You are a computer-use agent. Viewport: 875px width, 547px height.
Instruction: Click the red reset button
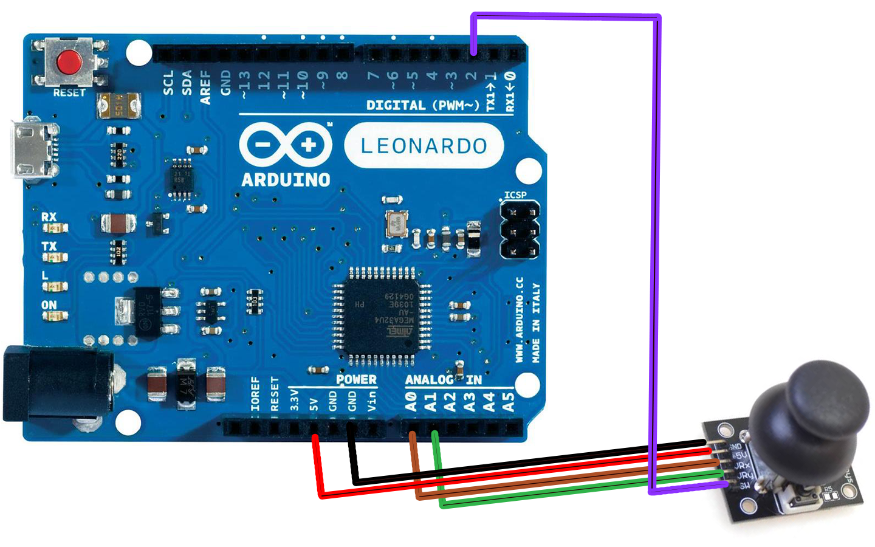(69, 62)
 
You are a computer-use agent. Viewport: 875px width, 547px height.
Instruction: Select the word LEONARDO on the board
(424, 146)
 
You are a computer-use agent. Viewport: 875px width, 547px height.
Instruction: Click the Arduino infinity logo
(286, 145)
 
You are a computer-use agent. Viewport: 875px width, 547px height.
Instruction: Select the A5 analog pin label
(508, 401)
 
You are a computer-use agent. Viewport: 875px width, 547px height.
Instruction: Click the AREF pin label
(205, 87)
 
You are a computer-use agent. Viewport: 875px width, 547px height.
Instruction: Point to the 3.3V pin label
(294, 400)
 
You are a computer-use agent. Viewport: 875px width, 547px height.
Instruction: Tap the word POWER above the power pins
(356, 380)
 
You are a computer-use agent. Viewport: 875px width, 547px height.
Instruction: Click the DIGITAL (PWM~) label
(422, 106)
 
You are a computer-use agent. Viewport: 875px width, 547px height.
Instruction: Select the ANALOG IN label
(443, 380)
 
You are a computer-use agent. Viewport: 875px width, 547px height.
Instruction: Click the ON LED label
(49, 305)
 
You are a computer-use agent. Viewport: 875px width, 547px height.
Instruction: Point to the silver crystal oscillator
(396, 223)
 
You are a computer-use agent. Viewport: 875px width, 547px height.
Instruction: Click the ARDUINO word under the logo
(286, 180)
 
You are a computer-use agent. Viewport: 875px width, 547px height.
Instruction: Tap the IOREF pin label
(255, 394)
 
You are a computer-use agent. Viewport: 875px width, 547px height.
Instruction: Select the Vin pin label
(372, 401)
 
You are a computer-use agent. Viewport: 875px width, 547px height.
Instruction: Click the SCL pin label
(168, 83)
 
